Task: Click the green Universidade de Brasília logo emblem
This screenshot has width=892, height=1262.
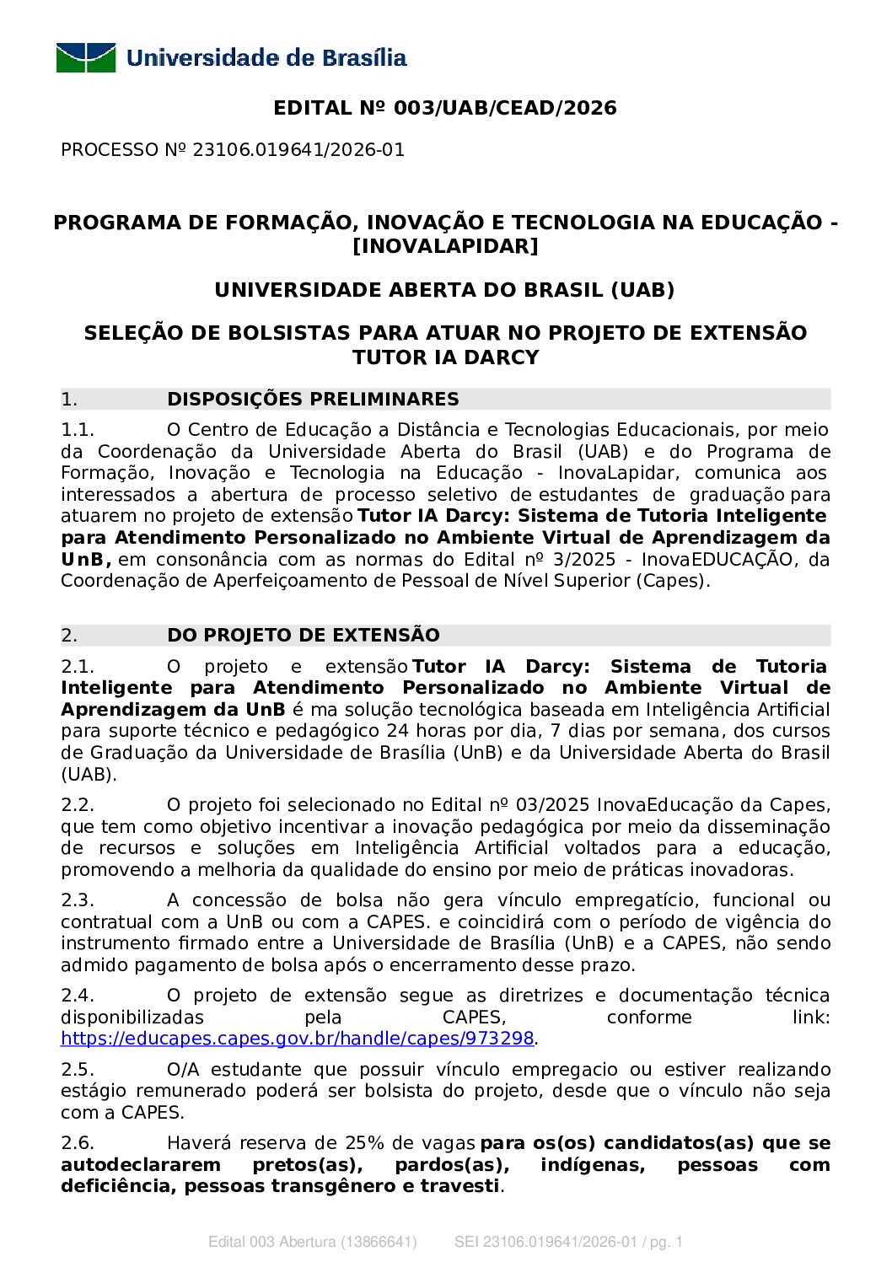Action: coord(86,58)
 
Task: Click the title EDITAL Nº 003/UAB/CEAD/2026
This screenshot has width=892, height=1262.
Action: coord(445,108)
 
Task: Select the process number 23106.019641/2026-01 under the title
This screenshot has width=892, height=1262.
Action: coord(298,150)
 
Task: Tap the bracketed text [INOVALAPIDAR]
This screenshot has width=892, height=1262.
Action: coord(445,246)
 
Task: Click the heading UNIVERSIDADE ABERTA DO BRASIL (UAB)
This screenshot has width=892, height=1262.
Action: coord(445,290)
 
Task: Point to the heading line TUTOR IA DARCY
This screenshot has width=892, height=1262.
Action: coord(445,357)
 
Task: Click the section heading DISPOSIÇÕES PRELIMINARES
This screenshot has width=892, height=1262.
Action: coord(313,399)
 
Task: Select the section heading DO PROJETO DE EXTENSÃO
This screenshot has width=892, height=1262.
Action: coord(304,635)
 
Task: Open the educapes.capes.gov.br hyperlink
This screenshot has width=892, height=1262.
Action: coord(297,1039)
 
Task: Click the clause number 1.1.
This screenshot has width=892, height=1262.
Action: coord(77,430)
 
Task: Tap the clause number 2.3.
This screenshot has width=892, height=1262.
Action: coord(77,900)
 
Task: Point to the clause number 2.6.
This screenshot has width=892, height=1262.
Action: coord(77,1143)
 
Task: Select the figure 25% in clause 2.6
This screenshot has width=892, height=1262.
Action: coord(365,1143)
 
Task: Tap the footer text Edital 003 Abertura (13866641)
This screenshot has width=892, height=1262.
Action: coord(312,1242)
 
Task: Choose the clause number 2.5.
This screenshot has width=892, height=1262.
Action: coord(77,1070)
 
